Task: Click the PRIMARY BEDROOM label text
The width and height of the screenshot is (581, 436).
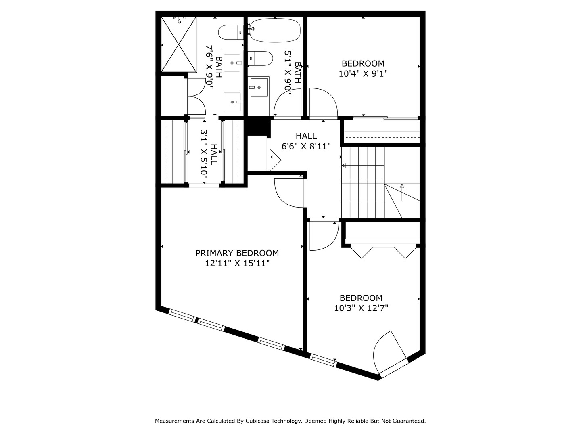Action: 237,253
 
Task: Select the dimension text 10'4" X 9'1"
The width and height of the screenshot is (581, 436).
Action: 363,73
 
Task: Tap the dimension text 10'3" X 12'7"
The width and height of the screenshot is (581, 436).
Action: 361,308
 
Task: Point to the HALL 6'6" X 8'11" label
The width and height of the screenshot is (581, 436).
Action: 306,141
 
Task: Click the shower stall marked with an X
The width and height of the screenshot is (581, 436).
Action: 179,44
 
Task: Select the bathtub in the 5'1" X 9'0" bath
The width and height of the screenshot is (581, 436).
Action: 275,31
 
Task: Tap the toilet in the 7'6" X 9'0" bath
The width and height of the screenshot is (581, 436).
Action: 230,32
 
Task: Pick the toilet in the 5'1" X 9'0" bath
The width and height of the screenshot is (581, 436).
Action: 260,59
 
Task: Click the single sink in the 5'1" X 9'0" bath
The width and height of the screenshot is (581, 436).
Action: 259,87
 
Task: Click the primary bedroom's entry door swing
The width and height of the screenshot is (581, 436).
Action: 289,193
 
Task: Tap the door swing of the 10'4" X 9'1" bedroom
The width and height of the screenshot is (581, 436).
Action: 323,103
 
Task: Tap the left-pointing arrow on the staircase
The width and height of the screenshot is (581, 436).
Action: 344,165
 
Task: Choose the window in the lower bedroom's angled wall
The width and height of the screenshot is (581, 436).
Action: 323,360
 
